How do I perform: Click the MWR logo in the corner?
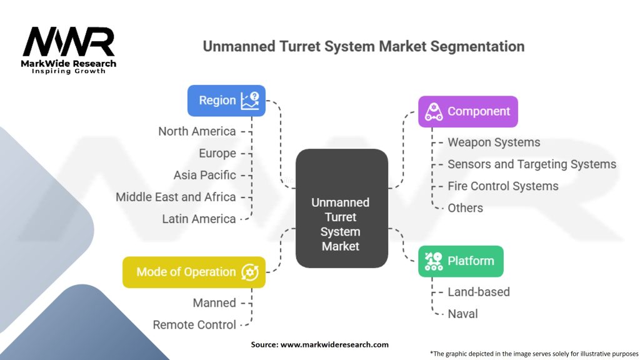(x=69, y=49)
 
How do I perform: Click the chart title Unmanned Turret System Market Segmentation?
(x=363, y=47)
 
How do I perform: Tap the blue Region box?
(x=226, y=101)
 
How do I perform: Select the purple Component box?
(x=467, y=112)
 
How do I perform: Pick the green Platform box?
(x=461, y=261)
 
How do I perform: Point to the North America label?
(x=197, y=131)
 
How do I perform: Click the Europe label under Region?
(x=217, y=153)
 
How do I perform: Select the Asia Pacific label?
(x=205, y=175)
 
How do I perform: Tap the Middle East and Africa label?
(x=176, y=197)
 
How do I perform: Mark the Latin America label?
(x=199, y=219)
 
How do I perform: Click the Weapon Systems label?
(x=494, y=142)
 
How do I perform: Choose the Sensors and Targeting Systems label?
(x=532, y=164)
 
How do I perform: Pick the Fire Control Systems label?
(x=503, y=186)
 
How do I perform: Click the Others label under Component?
(x=465, y=208)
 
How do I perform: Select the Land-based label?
(x=479, y=292)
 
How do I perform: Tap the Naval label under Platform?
(x=462, y=314)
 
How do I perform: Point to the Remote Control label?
(x=194, y=325)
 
